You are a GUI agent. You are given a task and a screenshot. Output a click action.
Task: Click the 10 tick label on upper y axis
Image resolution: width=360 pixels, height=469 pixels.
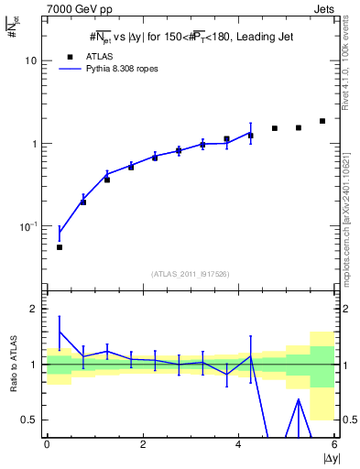(x=31, y=60)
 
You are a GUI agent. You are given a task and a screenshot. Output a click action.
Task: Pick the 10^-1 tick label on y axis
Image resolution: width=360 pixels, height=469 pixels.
(x=27, y=226)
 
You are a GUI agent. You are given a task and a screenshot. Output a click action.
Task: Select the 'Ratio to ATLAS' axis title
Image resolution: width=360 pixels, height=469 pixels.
(x=12, y=365)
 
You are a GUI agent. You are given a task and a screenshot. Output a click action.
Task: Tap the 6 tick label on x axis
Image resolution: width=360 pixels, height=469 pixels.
(x=334, y=444)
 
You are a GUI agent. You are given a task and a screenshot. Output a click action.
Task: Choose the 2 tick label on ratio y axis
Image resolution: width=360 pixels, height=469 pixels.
(x=34, y=309)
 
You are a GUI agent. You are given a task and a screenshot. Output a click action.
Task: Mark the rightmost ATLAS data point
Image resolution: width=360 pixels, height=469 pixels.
(x=322, y=121)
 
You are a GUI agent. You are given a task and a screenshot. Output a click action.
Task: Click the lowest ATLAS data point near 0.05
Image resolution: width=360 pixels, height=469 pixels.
(x=60, y=247)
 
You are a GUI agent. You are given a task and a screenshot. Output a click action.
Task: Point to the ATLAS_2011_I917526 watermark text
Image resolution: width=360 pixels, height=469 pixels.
(x=190, y=274)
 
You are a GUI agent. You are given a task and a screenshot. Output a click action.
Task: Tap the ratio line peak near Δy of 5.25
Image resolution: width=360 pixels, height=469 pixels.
(x=299, y=399)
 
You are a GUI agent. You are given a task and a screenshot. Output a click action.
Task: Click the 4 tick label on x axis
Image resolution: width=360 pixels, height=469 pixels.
(x=238, y=444)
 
